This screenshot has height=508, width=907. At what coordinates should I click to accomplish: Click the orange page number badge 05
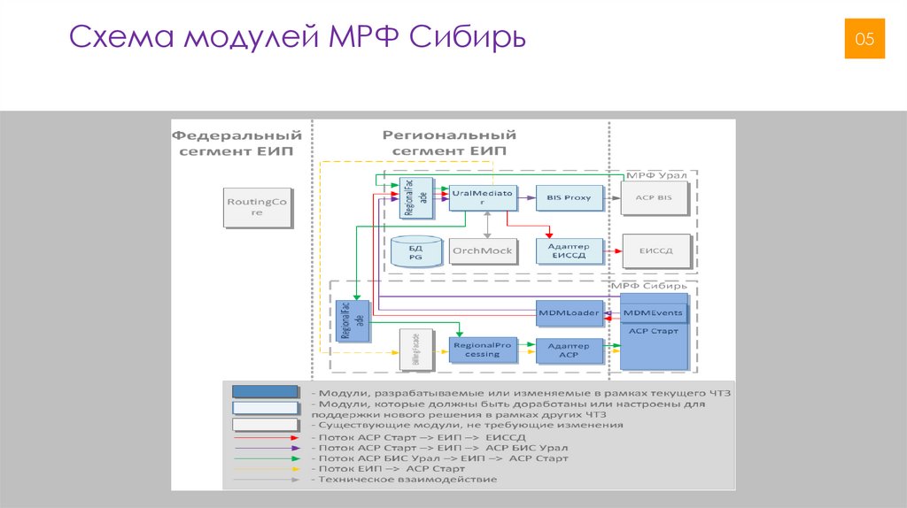[x=864, y=38]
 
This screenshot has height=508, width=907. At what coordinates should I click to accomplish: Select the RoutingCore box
[x=257, y=207]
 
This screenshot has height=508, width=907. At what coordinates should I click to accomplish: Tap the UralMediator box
[x=482, y=196]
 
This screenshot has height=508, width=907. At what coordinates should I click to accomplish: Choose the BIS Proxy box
[x=570, y=197]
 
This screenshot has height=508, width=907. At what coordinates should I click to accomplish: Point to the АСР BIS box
[x=655, y=197]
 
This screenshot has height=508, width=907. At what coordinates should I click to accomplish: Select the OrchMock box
[x=482, y=250]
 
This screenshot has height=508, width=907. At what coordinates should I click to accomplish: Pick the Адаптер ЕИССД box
[x=570, y=250]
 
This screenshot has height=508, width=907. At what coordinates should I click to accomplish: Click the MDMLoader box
[x=570, y=312]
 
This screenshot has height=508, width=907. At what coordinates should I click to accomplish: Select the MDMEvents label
[x=653, y=313]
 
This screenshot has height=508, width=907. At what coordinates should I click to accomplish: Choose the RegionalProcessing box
[x=482, y=349]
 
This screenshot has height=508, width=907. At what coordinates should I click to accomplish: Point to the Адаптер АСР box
[x=570, y=350]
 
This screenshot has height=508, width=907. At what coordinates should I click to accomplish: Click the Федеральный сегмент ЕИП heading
[x=236, y=143]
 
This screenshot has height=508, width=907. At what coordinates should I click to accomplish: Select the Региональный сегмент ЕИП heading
[x=449, y=143]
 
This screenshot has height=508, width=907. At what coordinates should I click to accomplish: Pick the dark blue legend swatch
[x=265, y=391]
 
